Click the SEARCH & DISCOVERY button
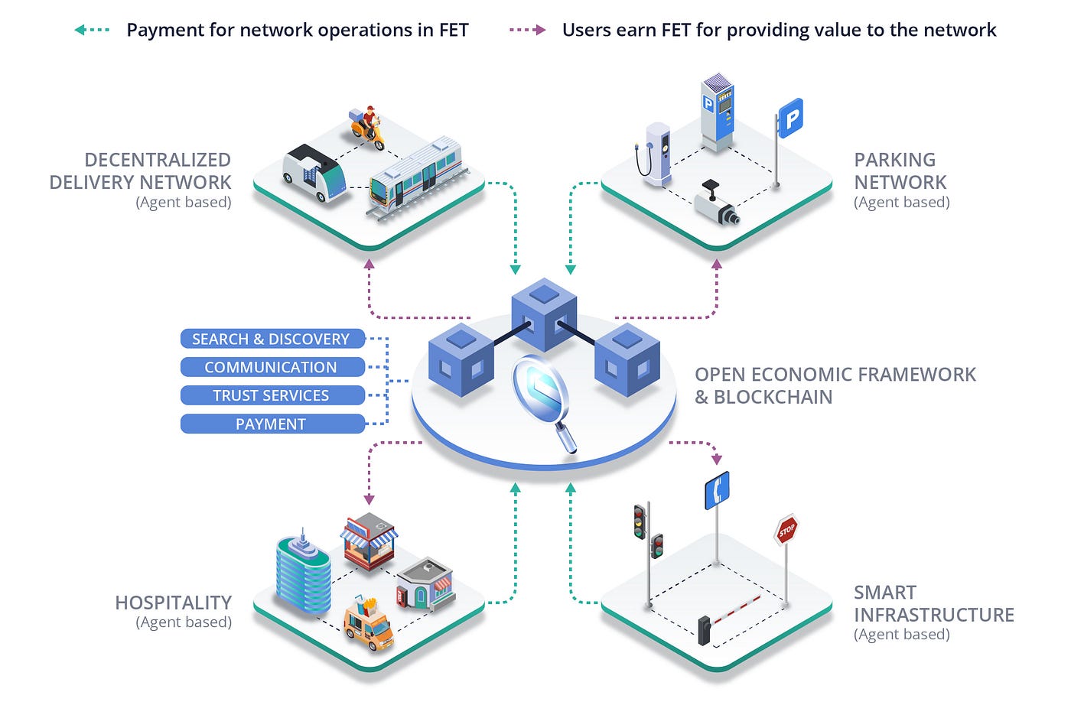[x=272, y=339]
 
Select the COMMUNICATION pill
[x=272, y=367]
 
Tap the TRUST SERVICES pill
[x=272, y=395]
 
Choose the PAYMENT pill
[x=272, y=424]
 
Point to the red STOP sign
[x=786, y=530]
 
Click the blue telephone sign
[x=717, y=490]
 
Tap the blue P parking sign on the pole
[x=791, y=119]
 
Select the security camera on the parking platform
[x=716, y=205]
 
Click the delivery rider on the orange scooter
[x=368, y=127]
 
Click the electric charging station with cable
[x=656, y=153]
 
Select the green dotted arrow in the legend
[x=92, y=31]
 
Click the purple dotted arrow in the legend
[x=527, y=31]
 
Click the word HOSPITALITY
[x=173, y=603]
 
